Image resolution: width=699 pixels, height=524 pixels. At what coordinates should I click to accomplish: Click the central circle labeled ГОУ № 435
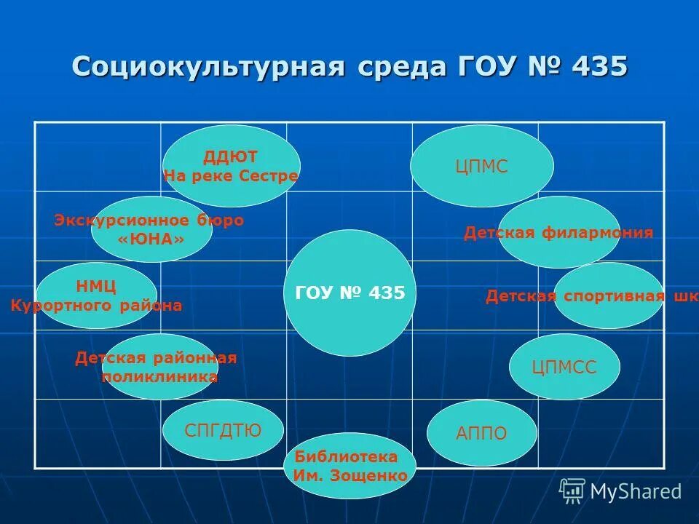349,293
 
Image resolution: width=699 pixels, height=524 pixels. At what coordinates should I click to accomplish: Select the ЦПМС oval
481,166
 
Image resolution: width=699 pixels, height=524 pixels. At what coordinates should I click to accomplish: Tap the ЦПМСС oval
564,368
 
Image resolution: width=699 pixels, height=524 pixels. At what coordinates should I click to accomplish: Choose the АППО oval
481,434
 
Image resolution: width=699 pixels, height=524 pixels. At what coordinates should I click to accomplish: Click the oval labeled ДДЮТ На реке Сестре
231,166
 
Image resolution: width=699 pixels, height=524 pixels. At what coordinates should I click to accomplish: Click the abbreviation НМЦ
96,286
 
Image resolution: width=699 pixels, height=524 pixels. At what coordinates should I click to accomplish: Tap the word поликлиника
159,377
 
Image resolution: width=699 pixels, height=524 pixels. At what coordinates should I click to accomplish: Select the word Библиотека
347,457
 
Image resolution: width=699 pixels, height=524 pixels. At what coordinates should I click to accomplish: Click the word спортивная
612,296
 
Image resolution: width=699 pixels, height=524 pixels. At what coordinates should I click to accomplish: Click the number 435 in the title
599,66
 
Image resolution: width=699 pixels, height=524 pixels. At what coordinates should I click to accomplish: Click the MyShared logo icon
572,491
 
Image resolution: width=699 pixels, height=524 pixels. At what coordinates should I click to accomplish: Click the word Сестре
273,176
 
